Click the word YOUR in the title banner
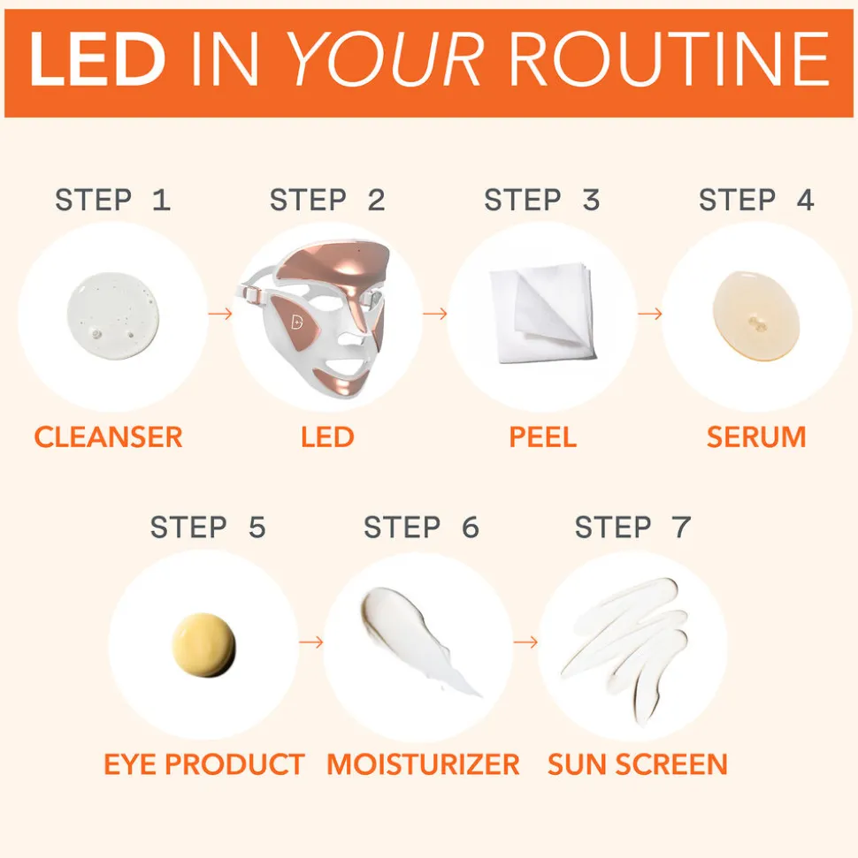pyautogui.click(x=385, y=59)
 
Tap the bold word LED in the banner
pyautogui.click(x=97, y=59)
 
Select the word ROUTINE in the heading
pyautogui.click(x=669, y=59)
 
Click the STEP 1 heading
pyautogui.click(x=113, y=200)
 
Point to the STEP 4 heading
pyautogui.click(x=756, y=200)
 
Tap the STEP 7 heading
pyautogui.click(x=632, y=528)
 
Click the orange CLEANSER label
pyautogui.click(x=109, y=437)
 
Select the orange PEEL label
pyautogui.click(x=543, y=437)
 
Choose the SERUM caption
pyautogui.click(x=756, y=437)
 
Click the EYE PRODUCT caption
pyautogui.click(x=204, y=764)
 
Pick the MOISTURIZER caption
pyautogui.click(x=423, y=764)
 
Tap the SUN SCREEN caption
pyautogui.click(x=638, y=764)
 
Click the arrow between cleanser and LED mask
pyautogui.click(x=220, y=314)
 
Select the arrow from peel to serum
pyautogui.click(x=650, y=314)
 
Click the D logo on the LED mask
pyautogui.click(x=297, y=322)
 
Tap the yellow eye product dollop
pyautogui.click(x=203, y=645)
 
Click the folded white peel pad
pyautogui.click(x=543, y=313)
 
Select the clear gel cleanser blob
pyautogui.click(x=113, y=315)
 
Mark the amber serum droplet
pyautogui.click(x=756, y=316)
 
